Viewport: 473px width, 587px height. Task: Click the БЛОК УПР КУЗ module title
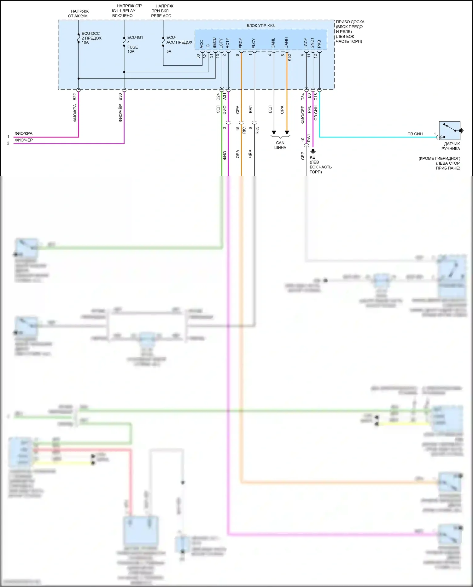tap(260, 26)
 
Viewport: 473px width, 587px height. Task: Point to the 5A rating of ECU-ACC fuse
tap(169, 51)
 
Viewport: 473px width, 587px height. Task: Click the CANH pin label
tap(286, 43)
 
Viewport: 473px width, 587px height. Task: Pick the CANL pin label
tap(273, 43)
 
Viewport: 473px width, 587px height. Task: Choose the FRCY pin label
tap(241, 43)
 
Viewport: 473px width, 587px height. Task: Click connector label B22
tap(75, 97)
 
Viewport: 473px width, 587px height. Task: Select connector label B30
tap(120, 97)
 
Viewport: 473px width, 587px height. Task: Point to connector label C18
tap(316, 97)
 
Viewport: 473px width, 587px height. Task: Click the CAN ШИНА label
tap(280, 145)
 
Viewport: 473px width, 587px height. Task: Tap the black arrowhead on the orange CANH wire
tap(287, 132)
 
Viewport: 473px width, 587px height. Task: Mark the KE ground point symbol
tap(313, 151)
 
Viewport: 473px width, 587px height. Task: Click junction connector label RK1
tap(244, 130)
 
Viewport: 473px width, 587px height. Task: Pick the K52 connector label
tap(289, 57)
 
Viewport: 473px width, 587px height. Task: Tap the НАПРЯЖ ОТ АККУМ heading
tap(78, 14)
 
